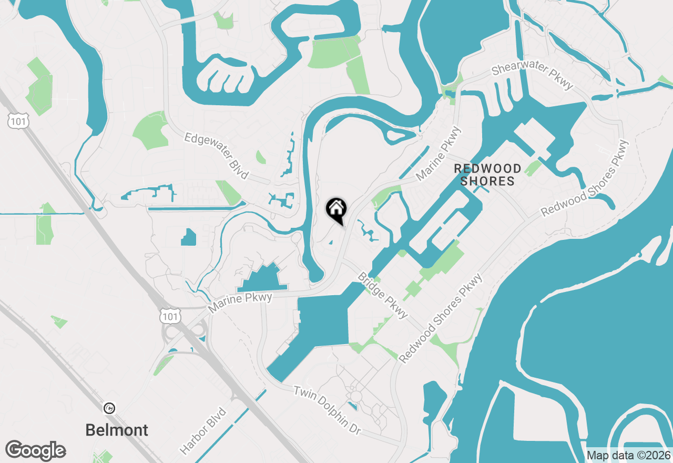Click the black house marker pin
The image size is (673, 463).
click(336, 209)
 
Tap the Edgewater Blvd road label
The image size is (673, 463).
click(216, 156)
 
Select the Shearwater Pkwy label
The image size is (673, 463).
click(532, 77)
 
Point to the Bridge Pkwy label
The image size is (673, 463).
click(383, 295)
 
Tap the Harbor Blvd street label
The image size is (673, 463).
click(203, 430)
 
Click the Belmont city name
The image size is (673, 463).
click(117, 430)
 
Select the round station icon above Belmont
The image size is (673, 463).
click(109, 408)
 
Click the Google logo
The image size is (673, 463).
click(36, 451)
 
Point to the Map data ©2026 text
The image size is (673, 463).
click(628, 455)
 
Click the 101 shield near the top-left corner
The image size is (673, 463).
click(18, 122)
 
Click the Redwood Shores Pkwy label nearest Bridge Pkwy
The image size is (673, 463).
click(441, 319)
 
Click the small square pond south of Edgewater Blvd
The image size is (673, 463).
click(188, 237)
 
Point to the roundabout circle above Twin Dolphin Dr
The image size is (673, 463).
click(356, 396)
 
